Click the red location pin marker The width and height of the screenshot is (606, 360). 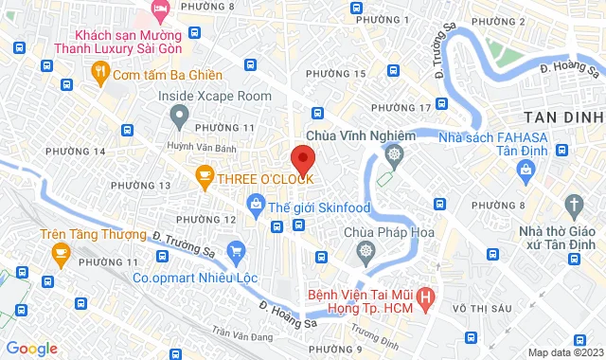[302, 157]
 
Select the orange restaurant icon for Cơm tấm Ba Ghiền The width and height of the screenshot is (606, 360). [99, 71]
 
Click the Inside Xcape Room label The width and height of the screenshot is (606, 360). [215, 96]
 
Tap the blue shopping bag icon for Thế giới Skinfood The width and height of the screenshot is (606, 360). [255, 203]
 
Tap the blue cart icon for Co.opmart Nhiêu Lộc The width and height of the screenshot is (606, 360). [236, 250]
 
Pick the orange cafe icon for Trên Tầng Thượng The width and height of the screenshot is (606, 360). [62, 252]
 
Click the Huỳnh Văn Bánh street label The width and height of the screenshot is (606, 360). [220, 147]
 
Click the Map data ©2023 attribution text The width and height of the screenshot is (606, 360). [564, 352]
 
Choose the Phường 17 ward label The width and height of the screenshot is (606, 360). [401, 106]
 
